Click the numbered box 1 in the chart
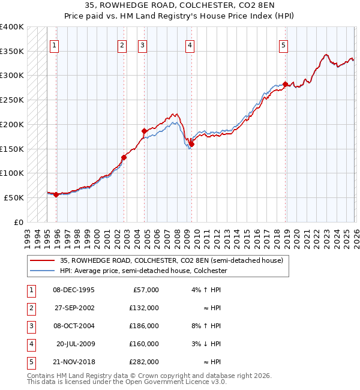tap(55, 44)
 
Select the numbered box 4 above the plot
tap(190, 44)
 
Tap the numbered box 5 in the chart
tap(283, 44)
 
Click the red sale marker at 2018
tap(285, 84)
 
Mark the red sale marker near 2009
tap(192, 143)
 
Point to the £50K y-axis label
tap(14, 197)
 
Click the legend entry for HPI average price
tap(143, 271)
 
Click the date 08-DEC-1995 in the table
tap(74, 290)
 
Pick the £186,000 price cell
tap(143, 326)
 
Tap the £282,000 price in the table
tap(143, 362)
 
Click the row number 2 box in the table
tap(29, 308)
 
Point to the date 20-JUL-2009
tap(75, 344)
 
